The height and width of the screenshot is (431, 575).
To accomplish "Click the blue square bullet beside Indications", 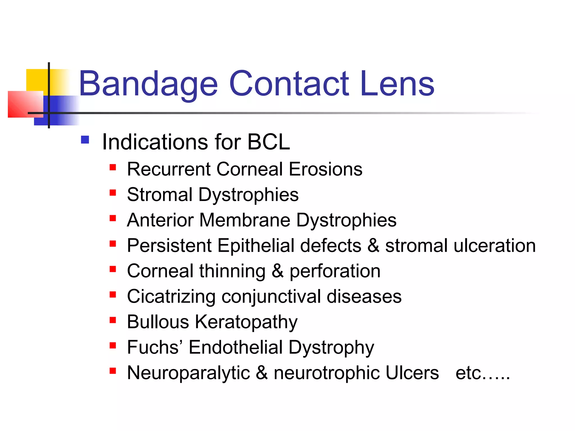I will [85, 140].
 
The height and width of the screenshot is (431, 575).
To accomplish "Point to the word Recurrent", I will [168, 169].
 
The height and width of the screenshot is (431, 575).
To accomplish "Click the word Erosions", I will [325, 169].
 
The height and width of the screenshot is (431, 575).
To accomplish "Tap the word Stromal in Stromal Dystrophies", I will [160, 194].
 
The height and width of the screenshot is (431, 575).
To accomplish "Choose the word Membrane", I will [245, 220].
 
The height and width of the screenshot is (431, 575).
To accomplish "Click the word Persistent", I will [169, 246].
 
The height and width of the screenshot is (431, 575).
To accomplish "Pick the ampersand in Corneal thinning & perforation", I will [277, 271].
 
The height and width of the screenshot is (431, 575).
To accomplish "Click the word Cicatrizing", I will [171, 297].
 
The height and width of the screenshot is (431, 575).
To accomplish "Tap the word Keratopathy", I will [246, 322].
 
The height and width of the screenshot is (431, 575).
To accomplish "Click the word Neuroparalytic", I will [188, 373].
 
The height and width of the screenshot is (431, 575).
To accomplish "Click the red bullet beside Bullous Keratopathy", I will [113, 320].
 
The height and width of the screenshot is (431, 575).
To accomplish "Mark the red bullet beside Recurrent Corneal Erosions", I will [113, 168].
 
